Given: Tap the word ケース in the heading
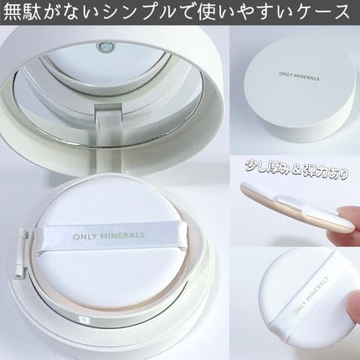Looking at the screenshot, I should coord(324,14).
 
